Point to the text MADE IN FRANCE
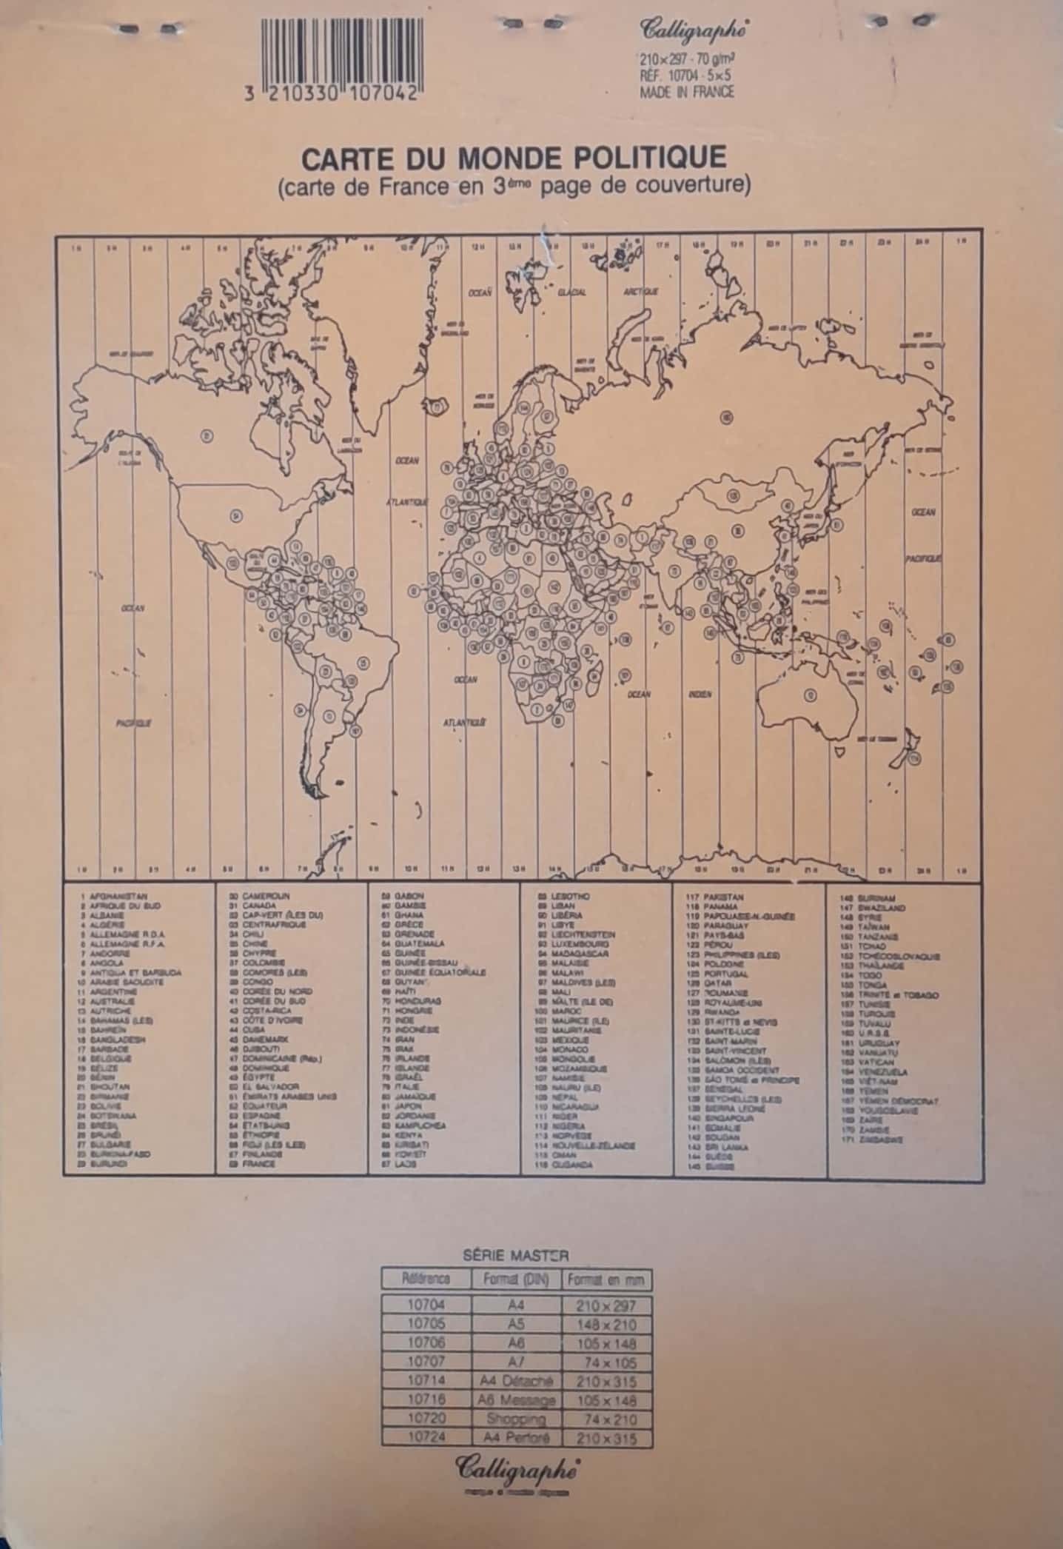pos(686,92)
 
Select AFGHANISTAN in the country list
pos(113,896)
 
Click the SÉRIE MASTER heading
pos(516,1254)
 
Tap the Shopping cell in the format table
pos(517,1419)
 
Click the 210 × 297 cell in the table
pos(606,1305)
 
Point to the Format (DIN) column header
pos(516,1279)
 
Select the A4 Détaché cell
pos(517,1381)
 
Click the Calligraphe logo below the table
pos(516,1465)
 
